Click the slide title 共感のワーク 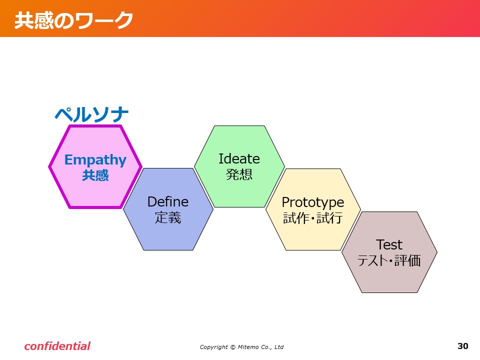pos(74,20)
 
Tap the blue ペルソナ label pos(91,114)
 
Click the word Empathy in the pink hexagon pos(95,160)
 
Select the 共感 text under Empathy pos(95,175)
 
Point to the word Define pos(168,202)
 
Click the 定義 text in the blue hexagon pos(168,217)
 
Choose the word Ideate pos(239,159)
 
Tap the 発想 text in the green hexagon pos(239,174)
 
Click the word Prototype pos(313,202)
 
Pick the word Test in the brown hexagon pos(389,245)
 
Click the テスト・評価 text pos(389,260)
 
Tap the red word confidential pos(57,346)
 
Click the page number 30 pos(463,346)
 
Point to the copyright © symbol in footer pos(232,347)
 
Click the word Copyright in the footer pos(213,347)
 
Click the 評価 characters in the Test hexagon pos(407,260)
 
